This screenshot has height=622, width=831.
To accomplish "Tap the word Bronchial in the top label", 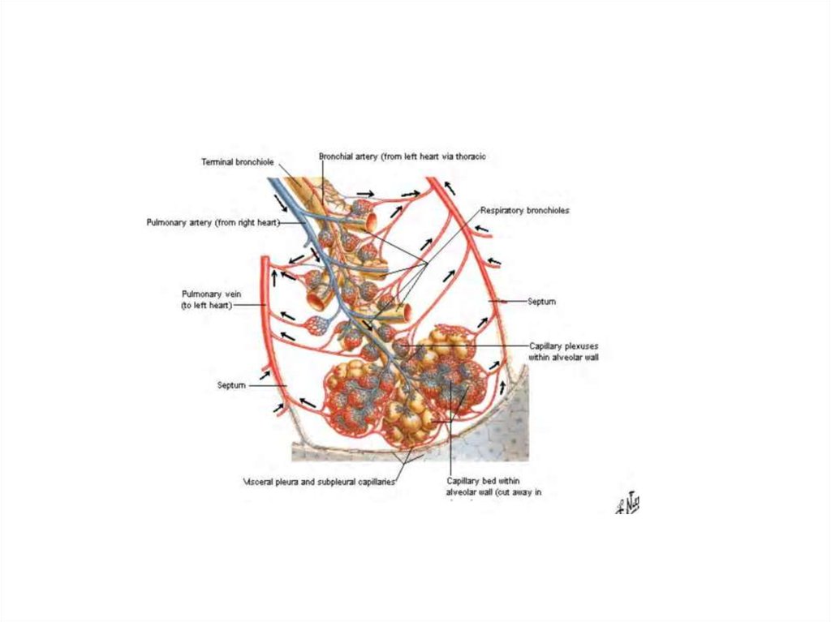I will (x=335, y=156).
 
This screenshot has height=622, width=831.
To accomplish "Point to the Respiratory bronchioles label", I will (x=524, y=210).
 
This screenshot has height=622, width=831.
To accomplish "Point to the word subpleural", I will (x=338, y=481).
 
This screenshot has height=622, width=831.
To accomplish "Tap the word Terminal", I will (x=218, y=162).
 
